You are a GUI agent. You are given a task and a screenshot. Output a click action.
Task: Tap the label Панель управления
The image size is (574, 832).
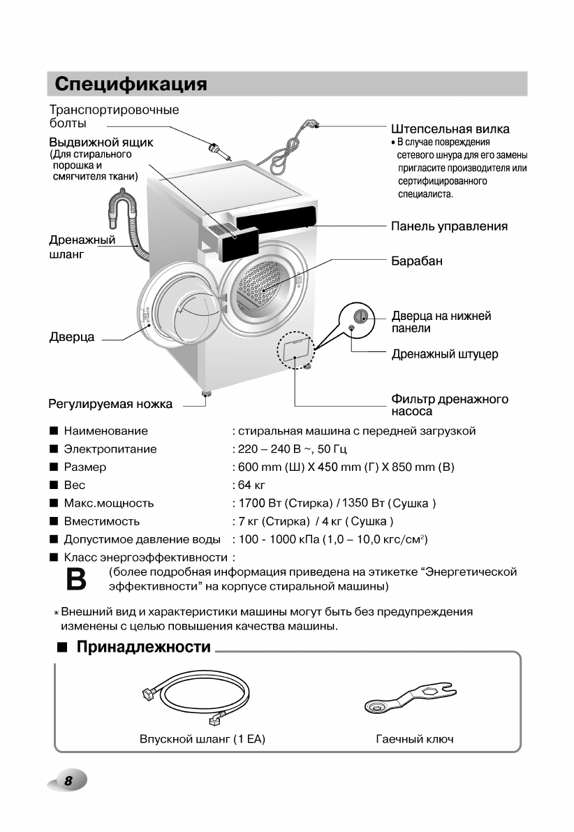[449, 226]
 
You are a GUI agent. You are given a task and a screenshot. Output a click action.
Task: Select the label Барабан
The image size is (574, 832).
[417, 261]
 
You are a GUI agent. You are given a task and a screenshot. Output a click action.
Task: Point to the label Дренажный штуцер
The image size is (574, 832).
[444, 354]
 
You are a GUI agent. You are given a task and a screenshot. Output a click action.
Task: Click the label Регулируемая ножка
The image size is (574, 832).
[110, 404]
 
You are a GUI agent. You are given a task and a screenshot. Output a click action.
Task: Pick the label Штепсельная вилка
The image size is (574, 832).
[450, 129]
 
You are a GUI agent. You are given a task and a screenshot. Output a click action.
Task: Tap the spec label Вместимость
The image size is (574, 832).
[101, 521]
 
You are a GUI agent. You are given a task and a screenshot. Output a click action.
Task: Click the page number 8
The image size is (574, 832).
[68, 781]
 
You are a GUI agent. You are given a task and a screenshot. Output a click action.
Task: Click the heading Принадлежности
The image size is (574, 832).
[143, 647]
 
